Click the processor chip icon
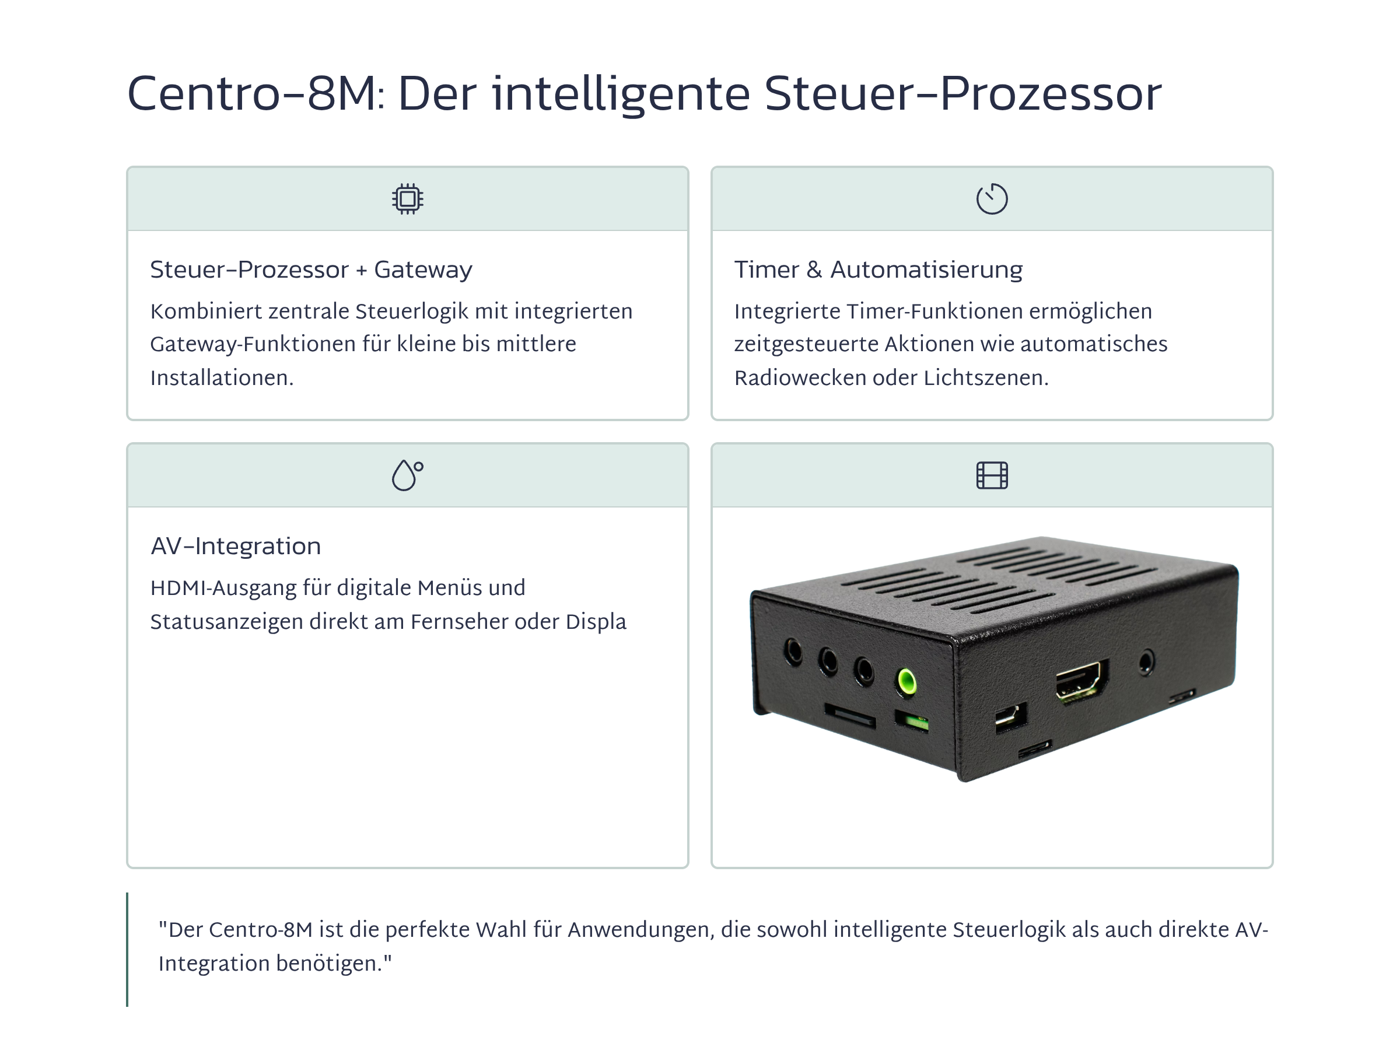pos(407,199)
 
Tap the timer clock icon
pos(992,199)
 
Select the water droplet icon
pos(407,475)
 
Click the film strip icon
pos(992,475)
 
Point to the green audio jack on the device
pos(907,681)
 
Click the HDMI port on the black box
pos(1081,680)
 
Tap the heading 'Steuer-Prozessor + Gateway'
pos(311,270)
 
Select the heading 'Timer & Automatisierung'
pos(878,270)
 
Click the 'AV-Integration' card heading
pos(236,546)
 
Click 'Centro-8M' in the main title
pos(252,94)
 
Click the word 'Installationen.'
pos(222,377)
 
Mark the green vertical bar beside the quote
pos(127,949)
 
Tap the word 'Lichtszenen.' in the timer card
pos(986,377)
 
